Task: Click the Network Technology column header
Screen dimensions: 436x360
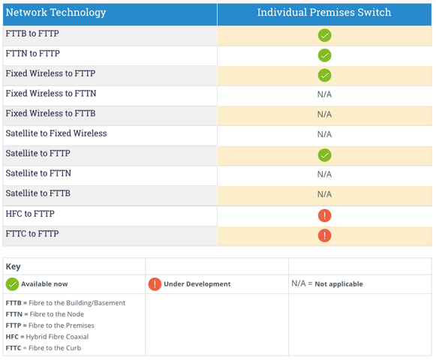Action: coord(56,13)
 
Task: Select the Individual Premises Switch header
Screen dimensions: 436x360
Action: coord(324,12)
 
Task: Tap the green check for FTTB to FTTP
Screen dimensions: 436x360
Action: coord(324,35)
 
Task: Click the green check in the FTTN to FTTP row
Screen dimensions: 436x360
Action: coord(324,55)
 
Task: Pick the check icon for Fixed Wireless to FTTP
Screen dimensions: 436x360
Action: coord(324,75)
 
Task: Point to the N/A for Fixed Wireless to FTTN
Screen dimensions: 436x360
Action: coord(324,94)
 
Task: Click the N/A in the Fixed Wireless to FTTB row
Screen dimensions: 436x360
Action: coord(324,114)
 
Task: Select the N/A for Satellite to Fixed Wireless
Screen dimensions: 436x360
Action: coord(324,134)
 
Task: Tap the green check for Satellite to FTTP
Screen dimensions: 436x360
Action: coord(324,155)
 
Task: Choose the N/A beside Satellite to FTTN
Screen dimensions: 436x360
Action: coord(324,174)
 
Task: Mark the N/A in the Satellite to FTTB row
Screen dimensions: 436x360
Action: coord(324,194)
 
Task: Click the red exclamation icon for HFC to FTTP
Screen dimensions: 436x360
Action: coord(324,215)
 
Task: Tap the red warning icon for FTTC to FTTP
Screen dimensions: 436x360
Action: coord(324,235)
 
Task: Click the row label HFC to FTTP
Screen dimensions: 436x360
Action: coord(30,214)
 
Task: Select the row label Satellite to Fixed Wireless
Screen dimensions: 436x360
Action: coord(56,133)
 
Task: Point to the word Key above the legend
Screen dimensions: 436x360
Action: coord(13,266)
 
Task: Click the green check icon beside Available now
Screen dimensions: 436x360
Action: coord(12,284)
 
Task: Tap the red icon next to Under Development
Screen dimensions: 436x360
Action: coord(155,284)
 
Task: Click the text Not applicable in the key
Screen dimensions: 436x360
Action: coord(338,283)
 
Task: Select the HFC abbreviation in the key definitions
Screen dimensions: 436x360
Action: coord(12,337)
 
